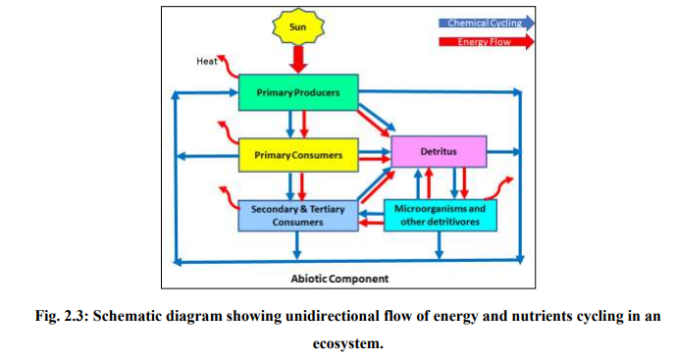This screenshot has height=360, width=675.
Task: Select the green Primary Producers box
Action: coord(298,92)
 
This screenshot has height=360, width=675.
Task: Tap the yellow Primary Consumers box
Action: coord(298,154)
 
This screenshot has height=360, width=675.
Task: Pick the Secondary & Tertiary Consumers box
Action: coord(298,215)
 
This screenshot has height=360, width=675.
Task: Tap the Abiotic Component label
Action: coord(339,279)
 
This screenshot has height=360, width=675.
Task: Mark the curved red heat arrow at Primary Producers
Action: coord(228,69)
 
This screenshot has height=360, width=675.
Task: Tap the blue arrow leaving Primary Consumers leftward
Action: coord(206,155)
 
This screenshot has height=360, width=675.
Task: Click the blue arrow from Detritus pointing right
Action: coord(502,152)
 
